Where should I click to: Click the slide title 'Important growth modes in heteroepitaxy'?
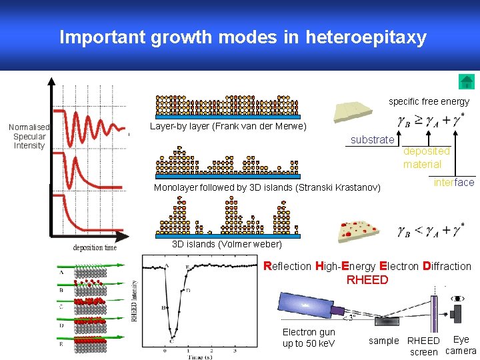[243, 37]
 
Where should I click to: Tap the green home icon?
[467, 82]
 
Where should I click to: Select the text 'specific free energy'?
[429, 102]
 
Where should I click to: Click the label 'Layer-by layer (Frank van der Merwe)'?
[228, 126]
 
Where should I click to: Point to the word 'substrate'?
[372, 140]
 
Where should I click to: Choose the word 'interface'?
[454, 182]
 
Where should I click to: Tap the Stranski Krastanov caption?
[267, 187]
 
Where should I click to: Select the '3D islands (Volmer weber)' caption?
[227, 244]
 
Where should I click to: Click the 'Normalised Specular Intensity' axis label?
[29, 136]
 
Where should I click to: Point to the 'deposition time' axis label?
[95, 247]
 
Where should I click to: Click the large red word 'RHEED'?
[367, 280]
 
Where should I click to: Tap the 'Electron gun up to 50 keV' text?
[309, 337]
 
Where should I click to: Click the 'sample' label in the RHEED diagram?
[383, 341]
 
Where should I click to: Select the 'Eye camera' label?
[461, 345]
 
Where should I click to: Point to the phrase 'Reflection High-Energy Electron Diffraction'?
[367, 266]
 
